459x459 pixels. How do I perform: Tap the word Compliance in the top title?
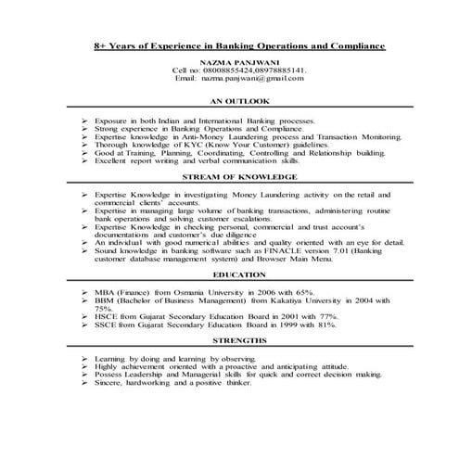click(355, 45)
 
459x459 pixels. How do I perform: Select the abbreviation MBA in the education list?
click(105, 290)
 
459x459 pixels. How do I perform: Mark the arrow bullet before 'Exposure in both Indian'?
click(83, 120)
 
